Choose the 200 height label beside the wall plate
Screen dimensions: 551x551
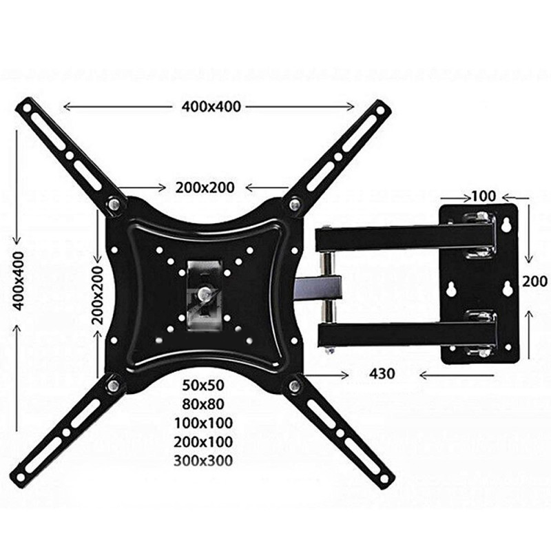(534, 281)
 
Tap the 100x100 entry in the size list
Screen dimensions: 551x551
(203, 422)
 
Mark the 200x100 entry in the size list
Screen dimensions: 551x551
(203, 441)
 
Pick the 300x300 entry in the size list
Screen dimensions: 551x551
(203, 460)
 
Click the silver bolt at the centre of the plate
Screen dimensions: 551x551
(204, 293)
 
